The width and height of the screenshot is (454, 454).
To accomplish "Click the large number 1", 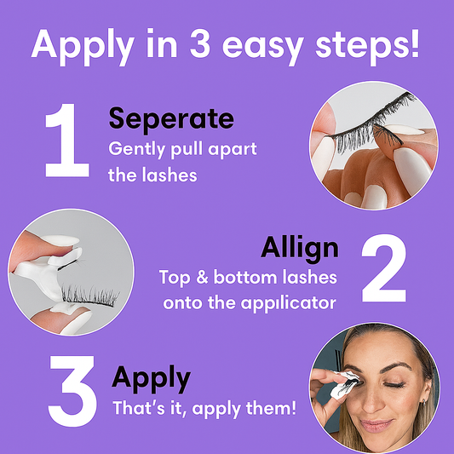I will pyautogui.click(x=66, y=141).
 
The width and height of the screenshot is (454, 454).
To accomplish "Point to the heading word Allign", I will pyautogui.click(x=300, y=248).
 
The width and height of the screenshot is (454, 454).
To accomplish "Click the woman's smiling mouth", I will pyautogui.click(x=377, y=423).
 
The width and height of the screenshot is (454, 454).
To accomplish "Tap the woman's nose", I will pyautogui.click(x=375, y=395).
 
